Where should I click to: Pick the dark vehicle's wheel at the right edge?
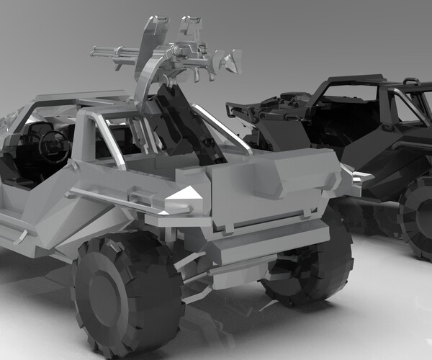418,216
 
